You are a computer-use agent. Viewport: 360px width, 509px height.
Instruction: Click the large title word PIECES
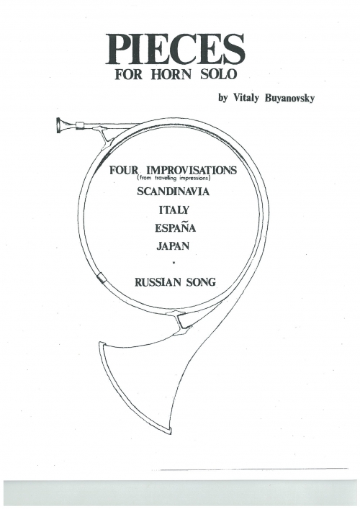coord(175,50)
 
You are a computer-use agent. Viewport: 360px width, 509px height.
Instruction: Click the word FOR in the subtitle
coord(129,74)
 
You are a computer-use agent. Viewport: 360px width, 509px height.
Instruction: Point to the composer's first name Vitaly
coord(245,98)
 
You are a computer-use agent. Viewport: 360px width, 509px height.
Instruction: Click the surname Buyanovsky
coord(289,98)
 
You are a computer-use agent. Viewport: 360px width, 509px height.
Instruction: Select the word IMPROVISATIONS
coord(192,170)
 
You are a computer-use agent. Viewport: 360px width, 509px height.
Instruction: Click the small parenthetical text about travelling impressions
coord(174,178)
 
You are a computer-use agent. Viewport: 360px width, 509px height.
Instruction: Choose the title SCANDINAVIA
coord(173,192)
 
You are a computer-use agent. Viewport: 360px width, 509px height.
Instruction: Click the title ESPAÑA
coord(175,228)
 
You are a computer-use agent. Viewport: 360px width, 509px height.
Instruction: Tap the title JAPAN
coord(173,246)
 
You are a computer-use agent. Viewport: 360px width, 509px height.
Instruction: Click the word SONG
coord(201,282)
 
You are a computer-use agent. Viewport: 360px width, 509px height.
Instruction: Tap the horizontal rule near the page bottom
coord(254,469)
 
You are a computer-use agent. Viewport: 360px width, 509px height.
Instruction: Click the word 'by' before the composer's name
coord(222,98)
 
